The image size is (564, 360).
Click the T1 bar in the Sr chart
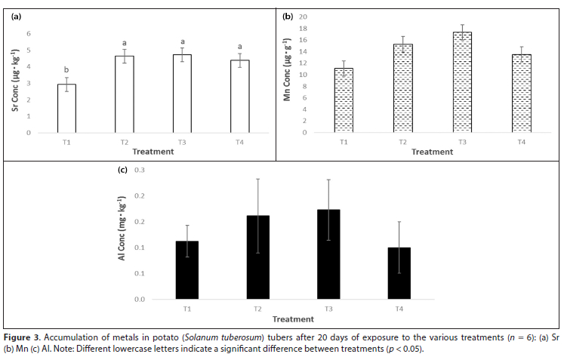67,109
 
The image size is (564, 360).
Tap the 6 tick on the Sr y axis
29,33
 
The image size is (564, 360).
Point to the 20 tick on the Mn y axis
304,17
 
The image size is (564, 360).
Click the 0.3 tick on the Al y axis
140,170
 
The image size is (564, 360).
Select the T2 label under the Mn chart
403,142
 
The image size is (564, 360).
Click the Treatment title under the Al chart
293,319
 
